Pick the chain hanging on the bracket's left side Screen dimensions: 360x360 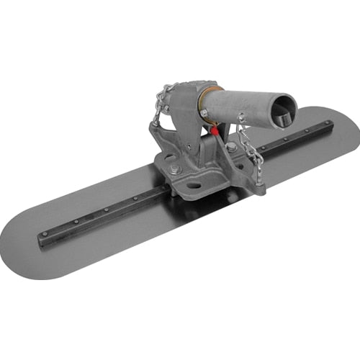click(x=163, y=101)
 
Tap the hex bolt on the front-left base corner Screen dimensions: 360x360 click(x=175, y=171)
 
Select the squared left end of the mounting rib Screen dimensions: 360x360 click(x=42, y=240)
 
